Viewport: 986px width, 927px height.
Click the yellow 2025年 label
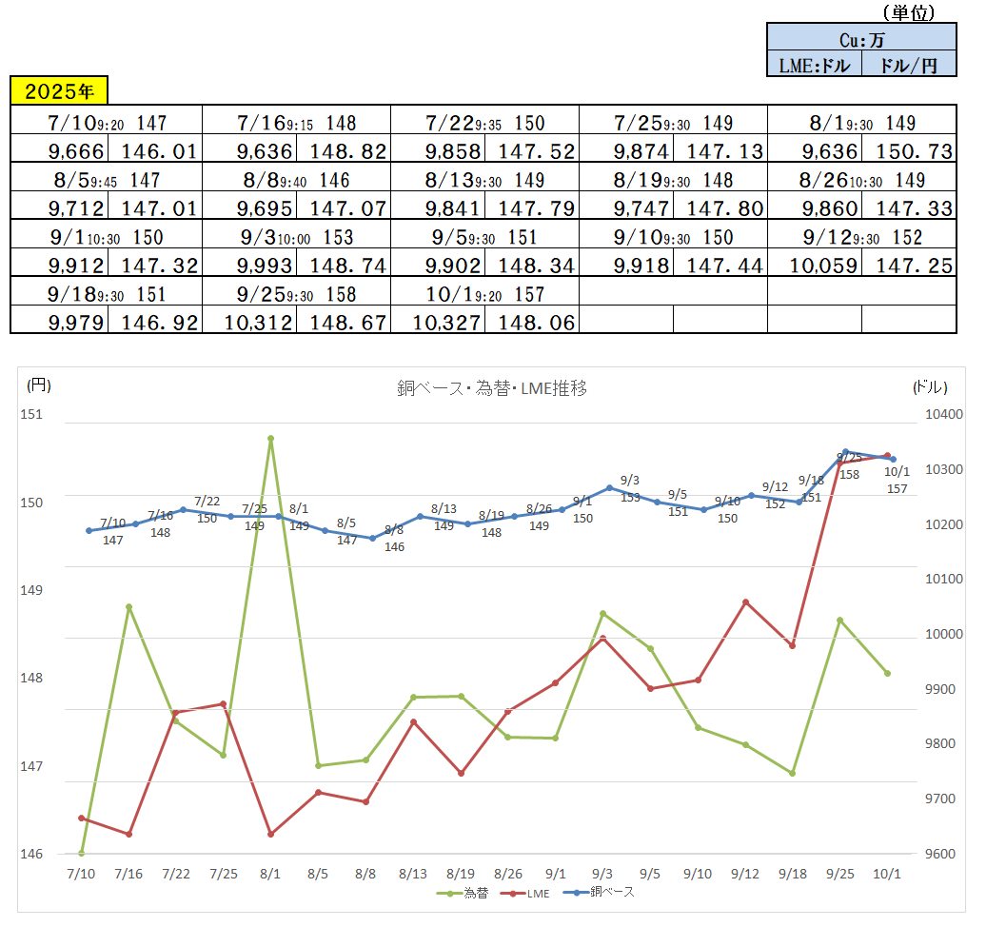coord(59,91)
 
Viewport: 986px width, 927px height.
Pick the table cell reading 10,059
coord(814,266)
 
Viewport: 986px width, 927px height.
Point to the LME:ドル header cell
coord(814,65)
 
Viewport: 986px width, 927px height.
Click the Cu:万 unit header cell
coord(861,39)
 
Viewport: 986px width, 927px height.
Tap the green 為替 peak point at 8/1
coord(271,439)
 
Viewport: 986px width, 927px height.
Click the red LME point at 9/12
coord(745,602)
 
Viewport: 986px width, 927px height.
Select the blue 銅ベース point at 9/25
coord(845,452)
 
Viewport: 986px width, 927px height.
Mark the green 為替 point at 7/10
coord(82,853)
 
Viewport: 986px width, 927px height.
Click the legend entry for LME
coord(532,893)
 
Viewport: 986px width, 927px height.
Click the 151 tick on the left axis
coord(32,415)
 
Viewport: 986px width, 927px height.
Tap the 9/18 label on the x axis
coord(792,874)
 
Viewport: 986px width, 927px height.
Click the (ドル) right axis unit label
coord(929,386)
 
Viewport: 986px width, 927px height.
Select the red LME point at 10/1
coord(887,456)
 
